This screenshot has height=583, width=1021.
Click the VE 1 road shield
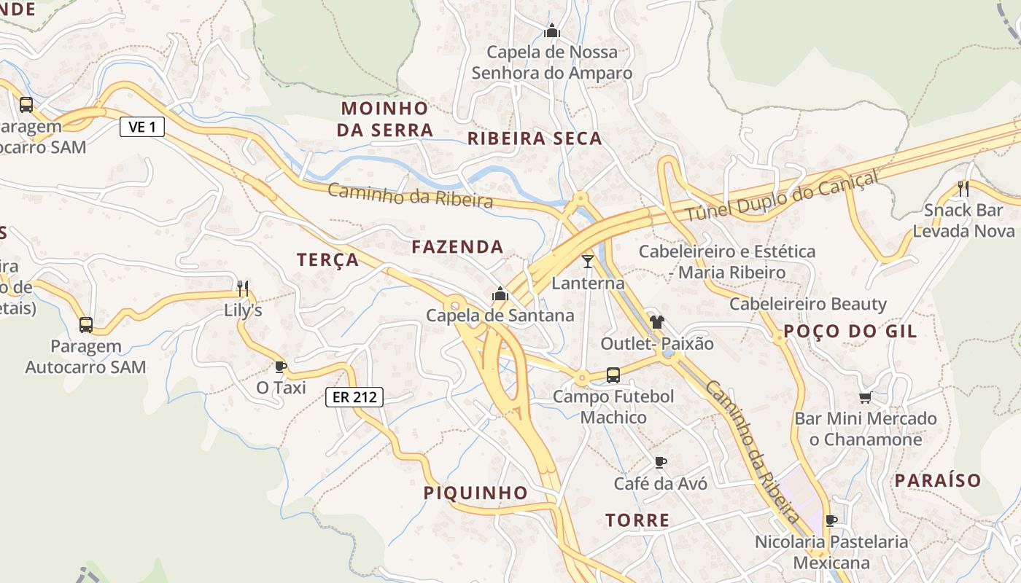[142, 128]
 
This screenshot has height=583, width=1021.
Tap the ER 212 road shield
[354, 397]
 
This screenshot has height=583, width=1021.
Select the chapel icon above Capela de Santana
[500, 294]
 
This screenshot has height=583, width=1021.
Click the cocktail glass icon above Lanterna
[588, 261]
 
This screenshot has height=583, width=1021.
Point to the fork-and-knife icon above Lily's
[243, 289]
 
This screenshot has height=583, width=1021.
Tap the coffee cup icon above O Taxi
[281, 366]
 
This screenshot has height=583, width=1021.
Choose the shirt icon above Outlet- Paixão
[657, 321]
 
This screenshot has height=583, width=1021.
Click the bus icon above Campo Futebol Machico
[613, 375]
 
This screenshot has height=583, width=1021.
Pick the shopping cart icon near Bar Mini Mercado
[866, 397]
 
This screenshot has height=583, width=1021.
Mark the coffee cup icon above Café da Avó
[660, 462]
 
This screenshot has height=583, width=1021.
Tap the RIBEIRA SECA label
[535, 138]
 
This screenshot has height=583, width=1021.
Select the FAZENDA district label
[457, 247]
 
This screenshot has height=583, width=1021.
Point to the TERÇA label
[328, 260]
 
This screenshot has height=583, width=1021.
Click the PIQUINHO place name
[475, 493]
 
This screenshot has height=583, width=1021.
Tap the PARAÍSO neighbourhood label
[938, 481]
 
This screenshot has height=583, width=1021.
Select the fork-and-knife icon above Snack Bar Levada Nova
[963, 189]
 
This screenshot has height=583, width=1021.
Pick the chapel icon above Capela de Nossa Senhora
[552, 31]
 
